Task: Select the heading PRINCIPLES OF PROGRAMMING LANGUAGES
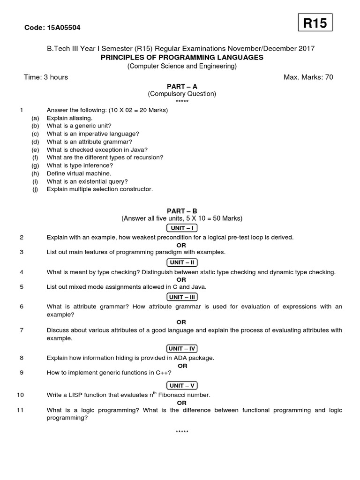tap(182, 57)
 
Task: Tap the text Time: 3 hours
tap(46, 77)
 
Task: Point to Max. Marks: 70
tap(308, 77)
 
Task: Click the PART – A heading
tap(182, 86)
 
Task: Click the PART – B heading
tap(182, 211)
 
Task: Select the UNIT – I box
tap(182, 228)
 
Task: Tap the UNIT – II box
tap(182, 262)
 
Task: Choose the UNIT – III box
tap(182, 297)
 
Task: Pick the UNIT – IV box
tap(182, 348)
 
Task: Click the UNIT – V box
tap(182, 386)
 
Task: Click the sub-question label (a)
tap(35, 118)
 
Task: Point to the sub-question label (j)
tap(35, 189)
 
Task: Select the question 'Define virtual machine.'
tap(79, 173)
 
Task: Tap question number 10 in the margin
tap(20, 395)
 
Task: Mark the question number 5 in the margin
tap(22, 287)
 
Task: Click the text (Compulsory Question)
tap(182, 94)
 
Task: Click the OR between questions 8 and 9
tap(181, 365)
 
